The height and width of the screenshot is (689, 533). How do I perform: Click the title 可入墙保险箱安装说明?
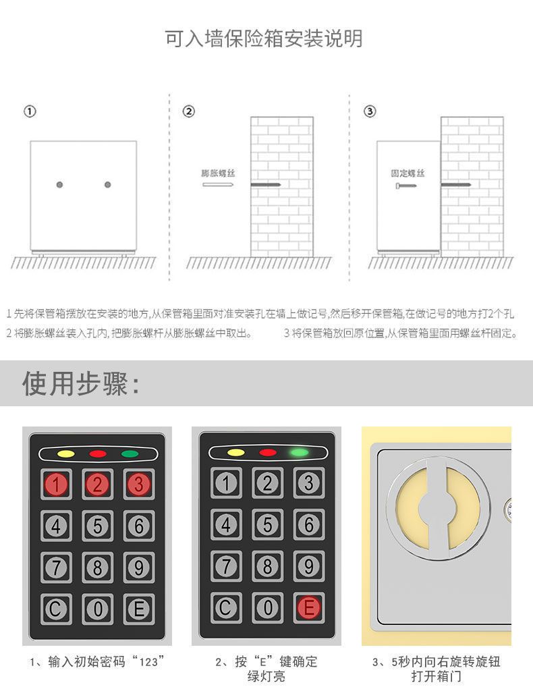[264, 38]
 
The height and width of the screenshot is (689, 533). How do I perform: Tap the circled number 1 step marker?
[30, 111]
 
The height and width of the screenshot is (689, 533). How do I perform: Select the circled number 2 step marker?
[188, 111]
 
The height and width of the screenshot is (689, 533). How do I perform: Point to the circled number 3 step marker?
[370, 111]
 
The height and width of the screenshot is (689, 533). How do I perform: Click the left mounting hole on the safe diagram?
[60, 185]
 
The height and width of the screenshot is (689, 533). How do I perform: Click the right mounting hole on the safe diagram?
[108, 185]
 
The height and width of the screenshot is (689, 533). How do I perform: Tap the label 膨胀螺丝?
[219, 173]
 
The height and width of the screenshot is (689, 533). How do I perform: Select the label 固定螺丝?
[408, 173]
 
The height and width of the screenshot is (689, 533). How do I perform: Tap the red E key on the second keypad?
[309, 608]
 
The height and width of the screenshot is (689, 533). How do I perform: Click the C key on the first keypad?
[56, 609]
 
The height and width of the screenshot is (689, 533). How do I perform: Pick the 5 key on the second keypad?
[268, 524]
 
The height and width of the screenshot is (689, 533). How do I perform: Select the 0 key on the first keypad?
[98, 609]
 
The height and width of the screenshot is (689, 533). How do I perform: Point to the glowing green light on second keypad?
[300, 452]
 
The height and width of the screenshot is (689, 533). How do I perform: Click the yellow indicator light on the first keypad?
[66, 454]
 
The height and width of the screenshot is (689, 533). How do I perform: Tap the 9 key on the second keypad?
[309, 566]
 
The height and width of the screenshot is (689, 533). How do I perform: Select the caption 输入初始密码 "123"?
[97, 661]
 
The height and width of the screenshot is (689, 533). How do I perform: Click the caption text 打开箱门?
[436, 676]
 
